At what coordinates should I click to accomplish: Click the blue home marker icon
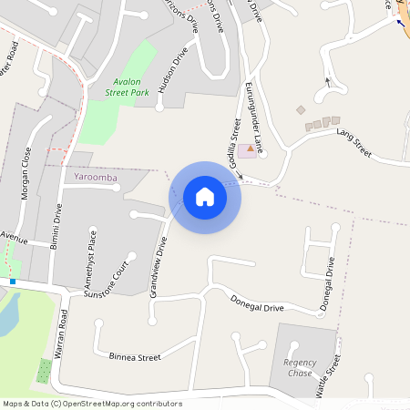(x=205, y=197)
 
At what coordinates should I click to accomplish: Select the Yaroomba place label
(x=96, y=177)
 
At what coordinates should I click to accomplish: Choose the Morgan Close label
(x=26, y=173)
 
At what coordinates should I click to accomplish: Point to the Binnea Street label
(x=134, y=356)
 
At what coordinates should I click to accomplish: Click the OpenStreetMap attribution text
(x=91, y=404)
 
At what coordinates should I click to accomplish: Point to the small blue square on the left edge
(x=13, y=282)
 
